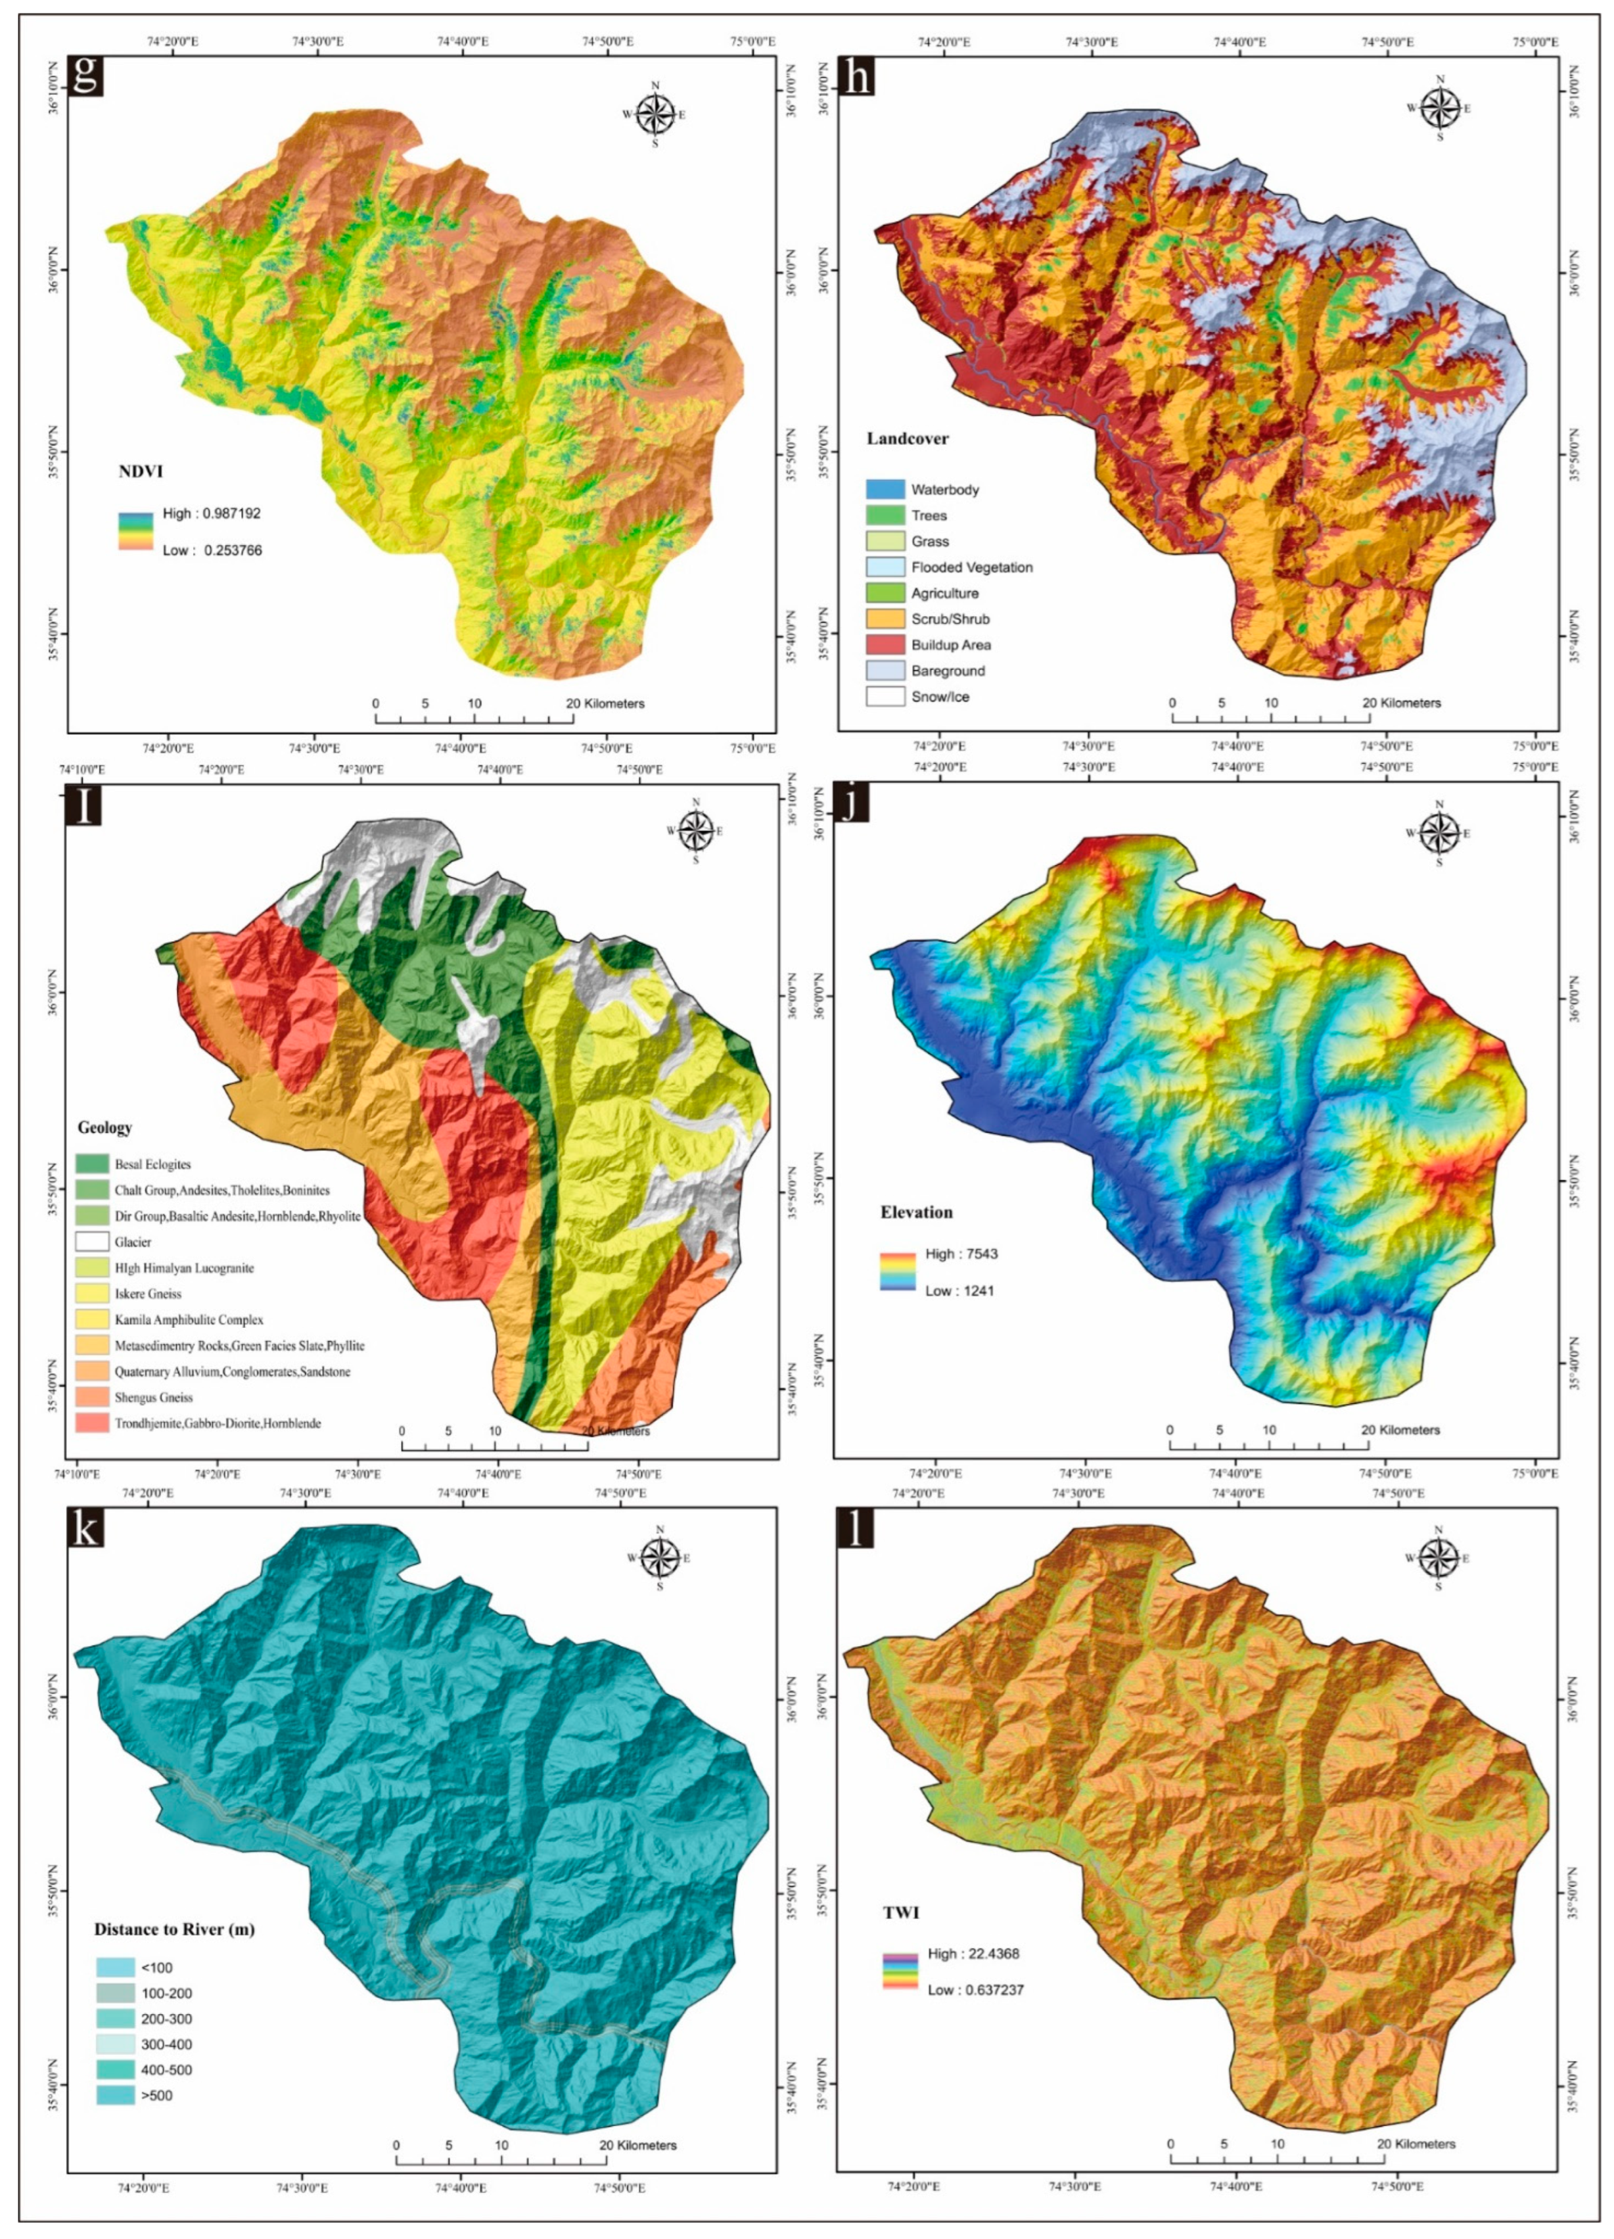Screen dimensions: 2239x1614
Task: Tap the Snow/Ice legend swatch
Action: point(885,697)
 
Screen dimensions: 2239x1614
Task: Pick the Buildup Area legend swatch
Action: point(885,645)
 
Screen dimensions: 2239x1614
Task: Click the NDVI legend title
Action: point(140,472)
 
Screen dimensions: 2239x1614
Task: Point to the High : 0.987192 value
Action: point(211,513)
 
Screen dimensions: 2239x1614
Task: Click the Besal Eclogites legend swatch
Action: point(92,1165)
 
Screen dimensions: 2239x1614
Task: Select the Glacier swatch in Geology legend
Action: point(92,1242)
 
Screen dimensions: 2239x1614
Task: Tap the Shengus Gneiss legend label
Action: point(153,1397)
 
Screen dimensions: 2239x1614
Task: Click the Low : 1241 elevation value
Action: point(959,1290)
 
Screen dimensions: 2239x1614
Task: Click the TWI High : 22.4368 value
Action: point(973,1954)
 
